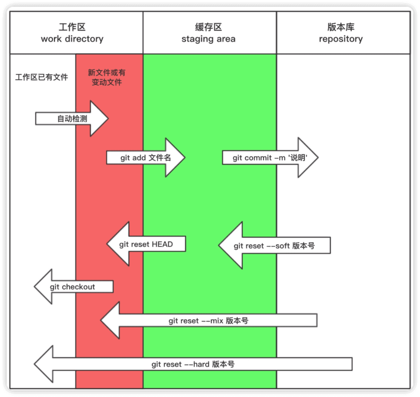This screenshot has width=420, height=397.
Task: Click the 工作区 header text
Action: (x=72, y=27)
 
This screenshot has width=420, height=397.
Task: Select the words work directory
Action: (x=72, y=39)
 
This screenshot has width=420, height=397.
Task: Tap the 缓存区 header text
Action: (x=208, y=27)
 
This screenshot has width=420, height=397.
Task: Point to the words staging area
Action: (x=208, y=39)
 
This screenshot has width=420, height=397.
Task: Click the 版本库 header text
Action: (x=341, y=27)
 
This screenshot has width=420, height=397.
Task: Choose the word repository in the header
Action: (x=341, y=39)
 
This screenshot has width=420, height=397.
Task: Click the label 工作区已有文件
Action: (x=42, y=77)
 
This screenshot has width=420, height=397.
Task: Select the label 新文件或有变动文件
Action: (x=107, y=77)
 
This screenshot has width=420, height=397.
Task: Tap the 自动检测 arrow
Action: (x=72, y=118)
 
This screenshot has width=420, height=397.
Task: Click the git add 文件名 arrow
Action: (x=146, y=158)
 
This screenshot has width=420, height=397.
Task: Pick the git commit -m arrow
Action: (x=270, y=158)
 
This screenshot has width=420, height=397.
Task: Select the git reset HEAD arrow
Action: (x=146, y=244)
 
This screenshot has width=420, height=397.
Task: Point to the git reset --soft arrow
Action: (x=274, y=246)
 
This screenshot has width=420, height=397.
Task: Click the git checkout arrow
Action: (x=73, y=287)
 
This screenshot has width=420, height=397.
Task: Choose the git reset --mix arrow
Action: (x=209, y=321)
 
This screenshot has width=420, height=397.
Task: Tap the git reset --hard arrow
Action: (x=193, y=364)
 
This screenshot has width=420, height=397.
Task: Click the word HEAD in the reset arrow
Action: (x=162, y=244)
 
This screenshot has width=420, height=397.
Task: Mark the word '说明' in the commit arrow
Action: (x=298, y=158)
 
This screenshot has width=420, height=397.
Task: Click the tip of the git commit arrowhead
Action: (x=318, y=157)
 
